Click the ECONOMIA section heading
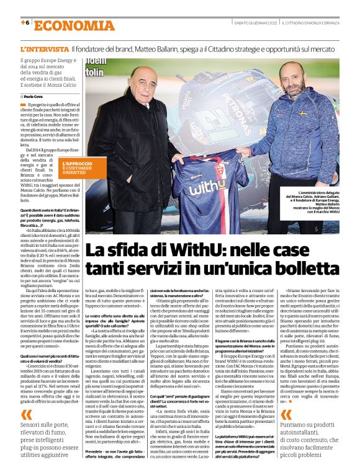74,25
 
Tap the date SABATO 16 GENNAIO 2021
250,24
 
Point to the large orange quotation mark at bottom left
25,414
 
